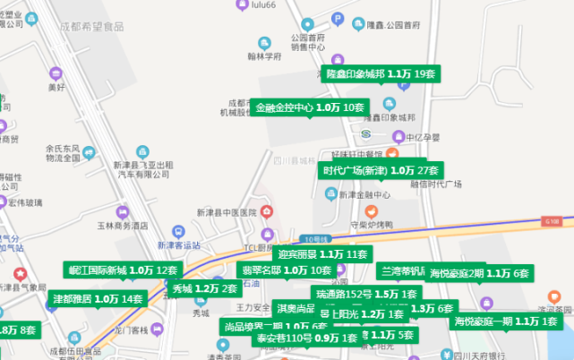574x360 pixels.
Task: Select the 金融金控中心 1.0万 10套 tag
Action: [310, 107]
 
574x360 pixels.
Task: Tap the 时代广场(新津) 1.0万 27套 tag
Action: [381, 170]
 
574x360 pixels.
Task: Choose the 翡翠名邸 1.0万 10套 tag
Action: [287, 270]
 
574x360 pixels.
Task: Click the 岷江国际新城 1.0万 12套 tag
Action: [124, 270]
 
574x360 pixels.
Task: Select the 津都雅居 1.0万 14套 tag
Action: [97, 298]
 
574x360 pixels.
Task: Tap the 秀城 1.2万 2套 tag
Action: [205, 288]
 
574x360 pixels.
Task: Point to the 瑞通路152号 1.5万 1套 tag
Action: [366, 294]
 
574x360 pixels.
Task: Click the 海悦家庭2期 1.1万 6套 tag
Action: [479, 273]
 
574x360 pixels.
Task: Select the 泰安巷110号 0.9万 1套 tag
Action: [307, 339]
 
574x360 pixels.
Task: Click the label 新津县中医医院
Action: [227, 212]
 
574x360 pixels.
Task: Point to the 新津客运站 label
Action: [182, 244]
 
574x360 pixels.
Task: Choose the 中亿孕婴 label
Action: [423, 137]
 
